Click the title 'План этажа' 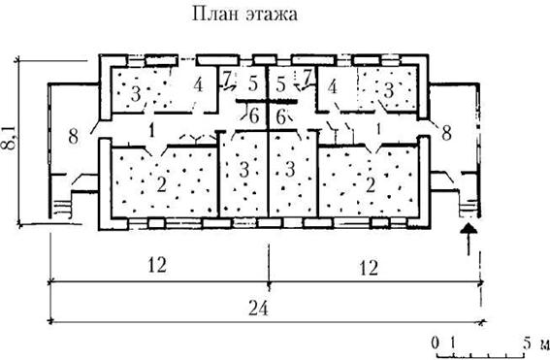click(x=244, y=15)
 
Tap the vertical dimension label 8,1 click(x=10, y=137)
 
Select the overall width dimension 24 click(x=258, y=310)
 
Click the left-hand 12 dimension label click(x=156, y=265)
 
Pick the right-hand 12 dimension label click(x=369, y=268)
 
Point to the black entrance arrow click(x=469, y=240)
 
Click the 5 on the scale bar click(x=528, y=343)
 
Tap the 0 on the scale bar click(x=436, y=343)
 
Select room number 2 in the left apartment click(x=161, y=184)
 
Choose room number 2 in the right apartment click(x=371, y=185)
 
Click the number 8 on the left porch click(x=73, y=136)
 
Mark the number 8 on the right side click(x=446, y=133)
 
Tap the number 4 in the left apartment click(x=198, y=84)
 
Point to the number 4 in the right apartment click(x=333, y=87)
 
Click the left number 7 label click(x=227, y=79)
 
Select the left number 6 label click(x=254, y=116)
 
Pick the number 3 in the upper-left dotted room click(x=136, y=94)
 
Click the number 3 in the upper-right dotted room click(x=388, y=90)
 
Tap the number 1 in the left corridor click(x=151, y=131)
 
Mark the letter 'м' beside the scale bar click(x=544, y=344)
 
